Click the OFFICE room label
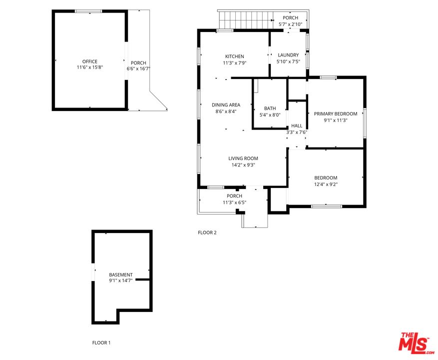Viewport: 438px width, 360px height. [x=90, y=61]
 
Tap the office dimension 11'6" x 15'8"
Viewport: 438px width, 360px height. [x=90, y=67]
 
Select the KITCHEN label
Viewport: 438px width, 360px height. [x=234, y=56]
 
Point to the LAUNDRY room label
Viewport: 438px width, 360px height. [x=288, y=55]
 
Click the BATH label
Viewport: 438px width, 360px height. [x=270, y=108]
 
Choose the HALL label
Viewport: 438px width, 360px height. [x=297, y=126]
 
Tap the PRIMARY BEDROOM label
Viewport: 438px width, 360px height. [x=336, y=114]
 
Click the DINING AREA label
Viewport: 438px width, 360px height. [x=226, y=105]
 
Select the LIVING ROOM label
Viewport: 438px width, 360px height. [x=243, y=158]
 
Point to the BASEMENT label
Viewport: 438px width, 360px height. [x=121, y=275]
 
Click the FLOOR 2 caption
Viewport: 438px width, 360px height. [x=207, y=232]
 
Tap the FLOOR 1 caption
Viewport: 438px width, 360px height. [x=101, y=342]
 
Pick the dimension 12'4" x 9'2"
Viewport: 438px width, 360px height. [x=326, y=184]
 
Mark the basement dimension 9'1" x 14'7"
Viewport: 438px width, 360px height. [x=121, y=281]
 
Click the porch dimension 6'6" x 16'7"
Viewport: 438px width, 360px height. [x=139, y=68]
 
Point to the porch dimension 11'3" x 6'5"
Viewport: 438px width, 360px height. [x=234, y=202]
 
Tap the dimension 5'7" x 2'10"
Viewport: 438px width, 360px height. [x=290, y=24]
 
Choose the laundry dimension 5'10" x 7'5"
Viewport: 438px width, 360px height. [x=288, y=61]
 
